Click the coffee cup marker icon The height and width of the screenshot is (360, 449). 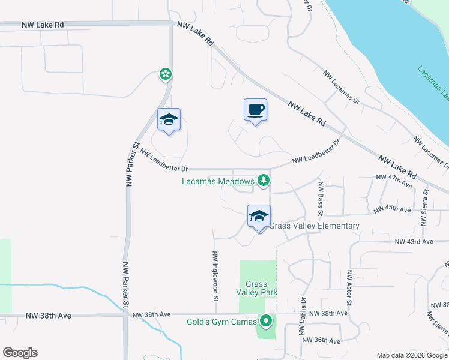[x=255, y=110]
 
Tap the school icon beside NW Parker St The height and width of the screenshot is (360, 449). [x=169, y=120]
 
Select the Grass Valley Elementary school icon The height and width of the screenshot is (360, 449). [x=259, y=217]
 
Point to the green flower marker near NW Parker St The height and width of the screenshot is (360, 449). [x=165, y=74]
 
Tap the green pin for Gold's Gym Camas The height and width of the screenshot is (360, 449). [x=265, y=321]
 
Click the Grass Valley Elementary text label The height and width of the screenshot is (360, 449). [x=314, y=226]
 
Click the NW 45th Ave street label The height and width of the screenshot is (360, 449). [x=391, y=209]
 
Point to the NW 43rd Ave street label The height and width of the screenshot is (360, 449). [x=414, y=242]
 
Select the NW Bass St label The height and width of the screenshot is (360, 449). [x=321, y=199]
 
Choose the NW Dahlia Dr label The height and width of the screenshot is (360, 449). [x=303, y=317]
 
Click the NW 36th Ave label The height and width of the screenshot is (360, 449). [x=321, y=340]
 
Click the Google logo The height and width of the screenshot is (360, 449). [x=20, y=353]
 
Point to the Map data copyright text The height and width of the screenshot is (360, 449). [x=412, y=355]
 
